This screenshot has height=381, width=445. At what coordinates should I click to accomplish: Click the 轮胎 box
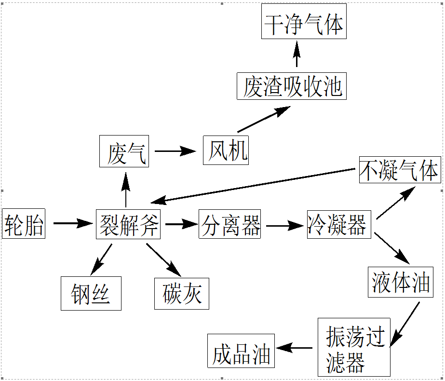coord(24,224)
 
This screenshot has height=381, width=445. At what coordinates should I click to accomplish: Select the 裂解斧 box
coord(128,224)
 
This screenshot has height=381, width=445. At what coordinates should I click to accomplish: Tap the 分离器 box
coord(230,224)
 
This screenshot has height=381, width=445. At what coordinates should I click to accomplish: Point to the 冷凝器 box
coord(339,224)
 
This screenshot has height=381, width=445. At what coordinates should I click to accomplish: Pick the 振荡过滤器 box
coord(354,347)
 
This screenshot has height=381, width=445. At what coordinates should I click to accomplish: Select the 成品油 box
coord(241,351)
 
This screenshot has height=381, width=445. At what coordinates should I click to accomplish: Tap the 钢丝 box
coord(91,293)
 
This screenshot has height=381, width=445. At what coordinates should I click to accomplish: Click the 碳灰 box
coord(182,293)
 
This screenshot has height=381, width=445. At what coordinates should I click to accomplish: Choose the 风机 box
coord(226,150)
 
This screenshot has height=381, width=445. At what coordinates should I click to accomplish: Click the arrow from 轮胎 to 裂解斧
coord(72,223)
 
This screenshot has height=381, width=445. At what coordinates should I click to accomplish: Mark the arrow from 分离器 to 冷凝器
coord(284,225)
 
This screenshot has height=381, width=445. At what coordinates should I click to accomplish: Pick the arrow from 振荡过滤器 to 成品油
coord(295,348)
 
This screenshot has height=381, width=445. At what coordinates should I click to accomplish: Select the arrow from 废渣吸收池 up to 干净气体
coord(297,54)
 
